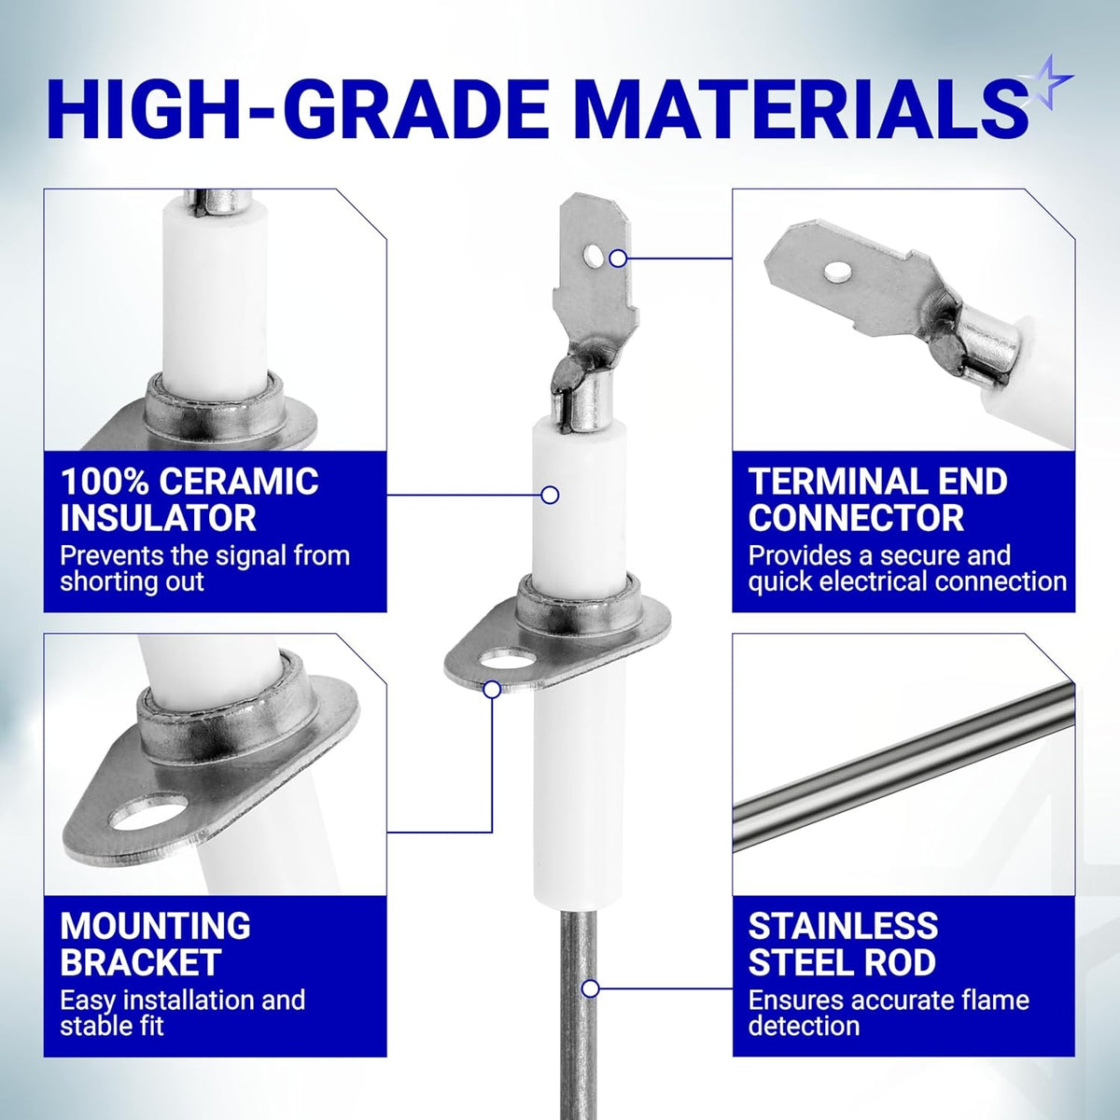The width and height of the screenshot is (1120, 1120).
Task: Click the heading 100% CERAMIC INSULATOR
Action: click(x=189, y=499)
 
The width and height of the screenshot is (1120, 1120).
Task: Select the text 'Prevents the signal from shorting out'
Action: click(x=205, y=568)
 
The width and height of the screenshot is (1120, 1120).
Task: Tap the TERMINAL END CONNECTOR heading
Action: click(x=877, y=499)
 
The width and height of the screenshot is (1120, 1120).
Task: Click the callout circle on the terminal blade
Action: click(x=619, y=258)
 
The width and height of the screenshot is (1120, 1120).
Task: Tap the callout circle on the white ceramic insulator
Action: click(x=550, y=496)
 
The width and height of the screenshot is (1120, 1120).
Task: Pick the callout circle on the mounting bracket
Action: click(x=492, y=690)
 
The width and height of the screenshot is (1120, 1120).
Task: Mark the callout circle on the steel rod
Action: click(x=591, y=988)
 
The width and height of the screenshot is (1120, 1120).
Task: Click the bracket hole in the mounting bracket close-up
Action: click(x=148, y=812)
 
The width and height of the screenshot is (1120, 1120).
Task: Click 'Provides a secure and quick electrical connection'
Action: click(x=907, y=568)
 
